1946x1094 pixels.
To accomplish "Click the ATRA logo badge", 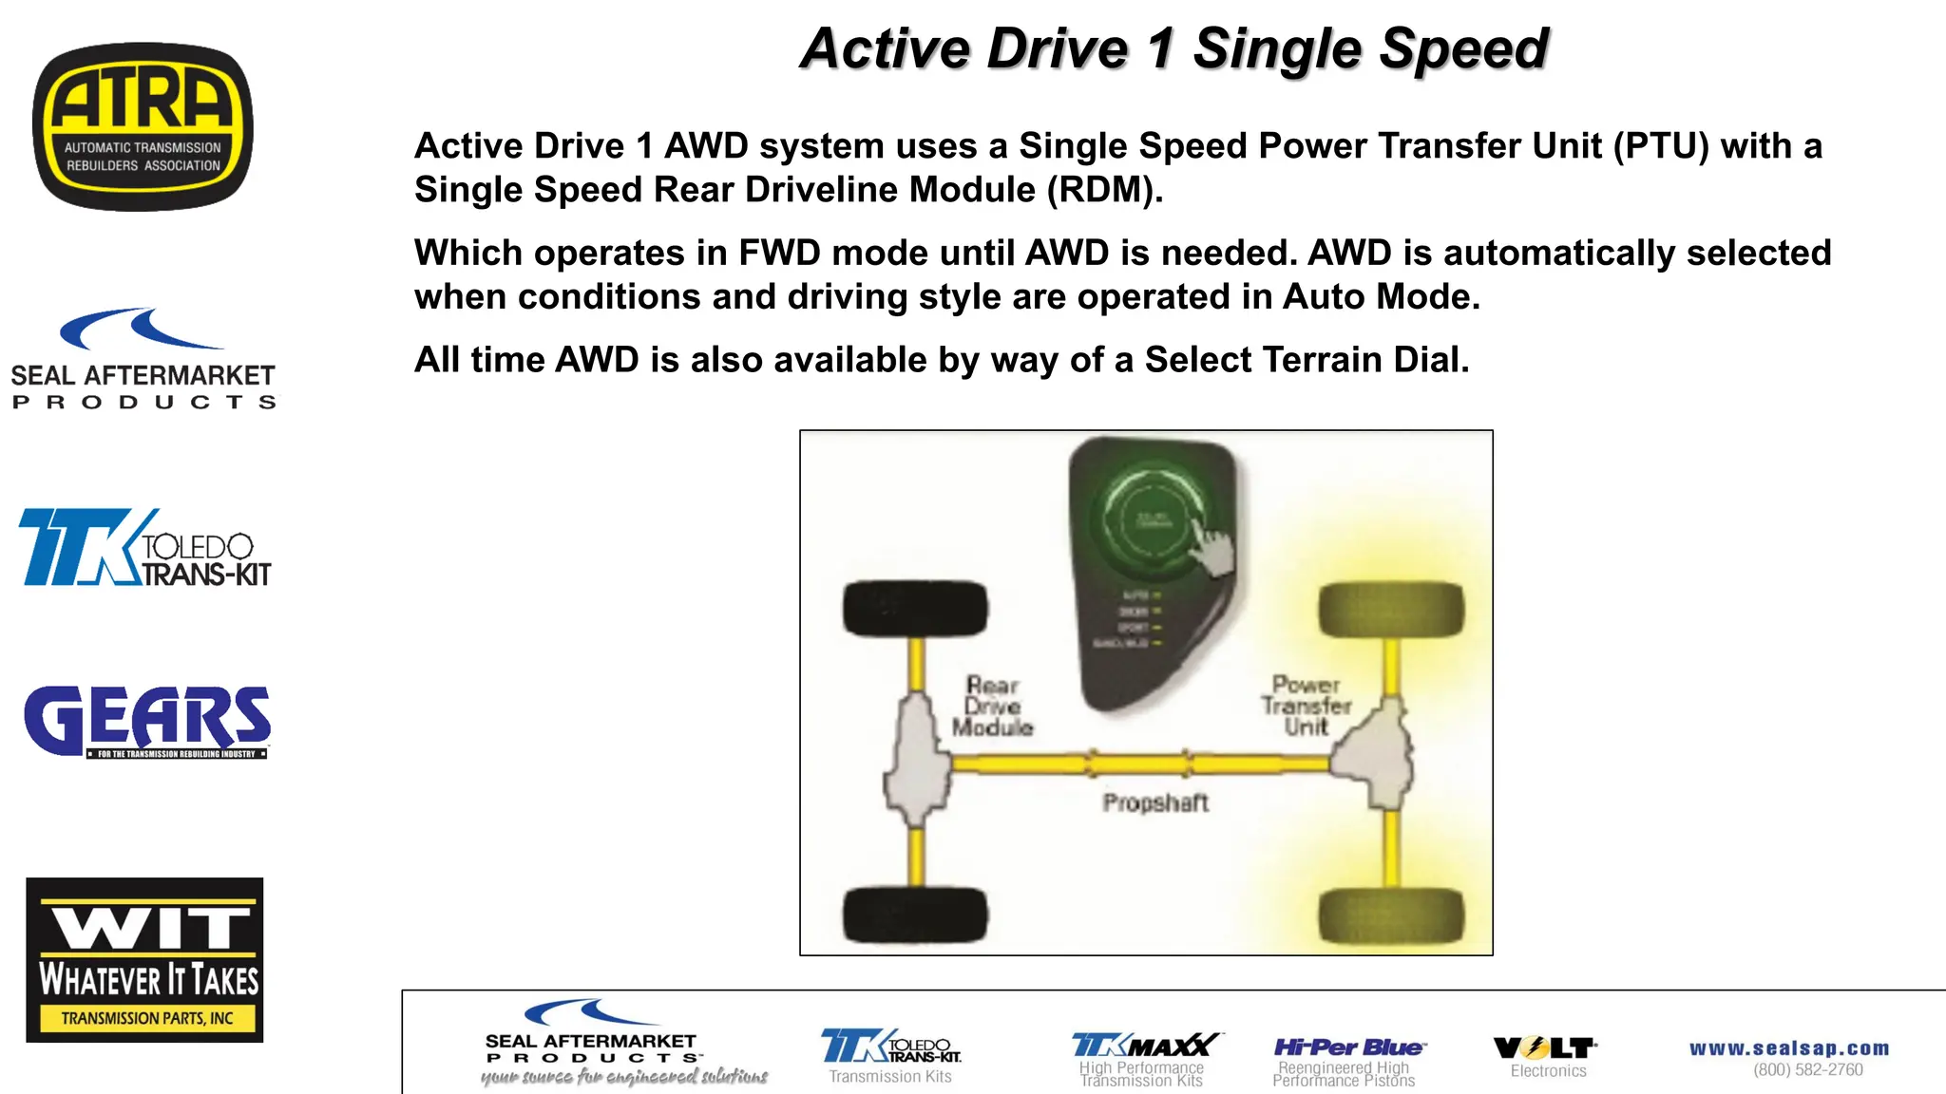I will point(143,126).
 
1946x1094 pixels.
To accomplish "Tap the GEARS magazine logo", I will point(147,721).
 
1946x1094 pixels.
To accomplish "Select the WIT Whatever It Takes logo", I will point(144,959).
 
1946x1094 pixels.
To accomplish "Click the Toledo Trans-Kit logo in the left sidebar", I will point(145,548).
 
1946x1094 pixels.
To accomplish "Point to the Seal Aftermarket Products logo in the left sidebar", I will point(143,360).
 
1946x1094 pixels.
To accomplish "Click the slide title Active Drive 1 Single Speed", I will point(1174,49).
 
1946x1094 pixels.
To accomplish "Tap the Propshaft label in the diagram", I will point(1155,803).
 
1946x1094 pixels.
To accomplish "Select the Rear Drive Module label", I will point(993,707).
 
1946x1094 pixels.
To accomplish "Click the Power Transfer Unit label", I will point(1307,706).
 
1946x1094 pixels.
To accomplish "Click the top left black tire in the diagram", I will point(915,608).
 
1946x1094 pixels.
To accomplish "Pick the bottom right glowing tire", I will point(1391,915).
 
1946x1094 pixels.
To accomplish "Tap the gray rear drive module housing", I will point(917,760).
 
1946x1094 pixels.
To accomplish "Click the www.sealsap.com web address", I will point(1789,1048).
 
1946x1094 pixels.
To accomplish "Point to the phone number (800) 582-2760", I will point(1808,1070).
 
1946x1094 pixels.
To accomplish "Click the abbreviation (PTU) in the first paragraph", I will point(1661,146).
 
